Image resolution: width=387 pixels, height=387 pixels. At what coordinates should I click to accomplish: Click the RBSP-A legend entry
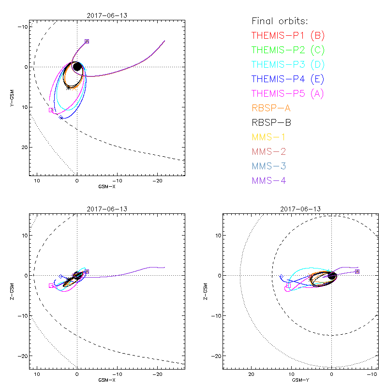coord(272,108)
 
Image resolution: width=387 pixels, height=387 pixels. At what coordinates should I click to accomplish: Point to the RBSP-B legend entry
coord(272,122)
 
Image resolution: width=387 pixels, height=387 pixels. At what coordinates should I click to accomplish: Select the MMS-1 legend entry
coord(268,137)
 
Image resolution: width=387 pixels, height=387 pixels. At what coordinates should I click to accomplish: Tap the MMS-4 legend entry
coord(268,180)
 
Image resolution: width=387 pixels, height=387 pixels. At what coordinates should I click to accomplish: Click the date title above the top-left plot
coord(107,15)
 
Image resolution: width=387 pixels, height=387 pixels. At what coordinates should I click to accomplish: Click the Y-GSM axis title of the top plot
coord(13,97)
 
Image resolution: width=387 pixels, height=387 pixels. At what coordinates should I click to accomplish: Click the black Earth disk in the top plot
coord(77,67)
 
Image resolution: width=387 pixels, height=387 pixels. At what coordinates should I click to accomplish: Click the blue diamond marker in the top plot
coord(61,118)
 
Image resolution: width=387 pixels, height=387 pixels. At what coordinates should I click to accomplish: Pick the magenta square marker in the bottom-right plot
coord(288,286)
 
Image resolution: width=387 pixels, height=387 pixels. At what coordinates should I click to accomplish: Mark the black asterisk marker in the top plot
coord(68,88)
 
